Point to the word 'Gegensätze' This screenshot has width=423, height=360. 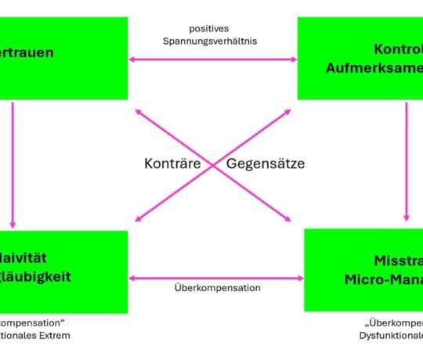click(x=265, y=164)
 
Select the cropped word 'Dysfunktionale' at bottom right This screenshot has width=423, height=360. click(x=387, y=336)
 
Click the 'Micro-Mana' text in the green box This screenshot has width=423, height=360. click(x=383, y=279)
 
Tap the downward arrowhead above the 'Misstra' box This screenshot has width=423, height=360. click(x=407, y=218)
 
